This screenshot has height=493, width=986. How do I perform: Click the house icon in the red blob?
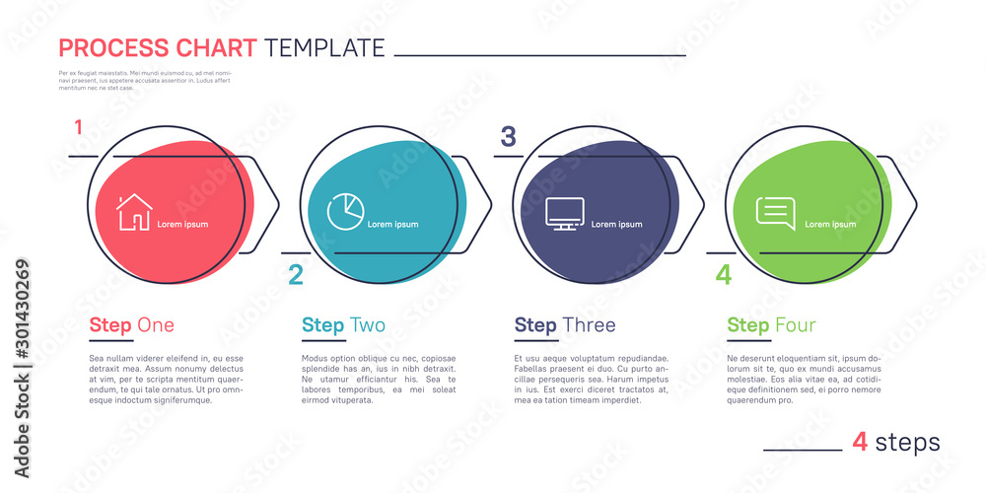point(135,212)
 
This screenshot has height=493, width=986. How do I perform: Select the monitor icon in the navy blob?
point(564,214)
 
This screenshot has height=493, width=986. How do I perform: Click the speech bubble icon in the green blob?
point(775,214)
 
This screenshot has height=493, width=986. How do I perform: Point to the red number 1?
point(78,126)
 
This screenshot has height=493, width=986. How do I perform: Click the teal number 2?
point(295,275)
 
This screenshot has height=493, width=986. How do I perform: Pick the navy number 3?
point(508,137)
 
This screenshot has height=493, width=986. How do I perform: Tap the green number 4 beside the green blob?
point(724,275)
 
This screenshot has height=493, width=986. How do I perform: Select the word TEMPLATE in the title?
point(324,47)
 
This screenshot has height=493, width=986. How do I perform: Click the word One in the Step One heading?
point(156,325)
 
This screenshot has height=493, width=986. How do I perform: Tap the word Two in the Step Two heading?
point(368,325)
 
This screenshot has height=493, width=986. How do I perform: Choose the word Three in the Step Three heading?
point(589,325)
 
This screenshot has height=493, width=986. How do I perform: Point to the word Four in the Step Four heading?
point(795,325)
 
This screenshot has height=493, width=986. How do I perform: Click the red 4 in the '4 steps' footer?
point(860,443)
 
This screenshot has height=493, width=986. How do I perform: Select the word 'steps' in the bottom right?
point(908,443)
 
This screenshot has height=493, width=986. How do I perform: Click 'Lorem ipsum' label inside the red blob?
point(182,225)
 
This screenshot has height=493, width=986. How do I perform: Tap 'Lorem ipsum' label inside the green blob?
point(830,225)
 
